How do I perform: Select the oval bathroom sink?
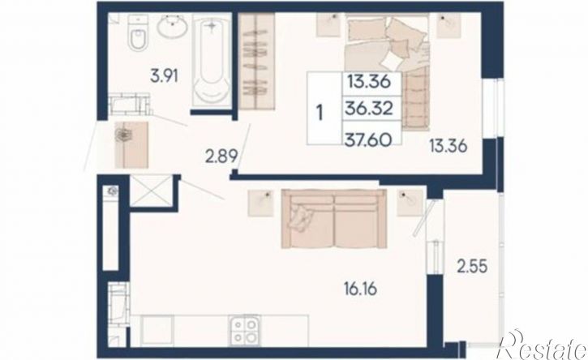[x=172, y=26]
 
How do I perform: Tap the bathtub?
[x=211, y=61]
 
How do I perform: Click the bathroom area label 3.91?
[x=164, y=76]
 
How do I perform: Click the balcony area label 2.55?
[x=472, y=267]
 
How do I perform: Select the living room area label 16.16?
[x=360, y=289]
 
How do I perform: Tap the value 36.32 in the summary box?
[x=369, y=109]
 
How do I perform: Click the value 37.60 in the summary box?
[x=369, y=139]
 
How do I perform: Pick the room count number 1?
[x=320, y=113]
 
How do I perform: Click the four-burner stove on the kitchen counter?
[x=245, y=330]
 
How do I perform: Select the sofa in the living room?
[x=334, y=219]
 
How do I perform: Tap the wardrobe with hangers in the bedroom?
[x=257, y=62]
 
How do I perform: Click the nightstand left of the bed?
[x=328, y=25]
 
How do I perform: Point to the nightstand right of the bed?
[x=449, y=25]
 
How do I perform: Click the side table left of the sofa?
[x=260, y=203]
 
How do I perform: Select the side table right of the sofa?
[x=410, y=203]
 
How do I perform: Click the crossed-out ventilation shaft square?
[x=151, y=191]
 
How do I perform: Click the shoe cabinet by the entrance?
[x=131, y=145]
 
